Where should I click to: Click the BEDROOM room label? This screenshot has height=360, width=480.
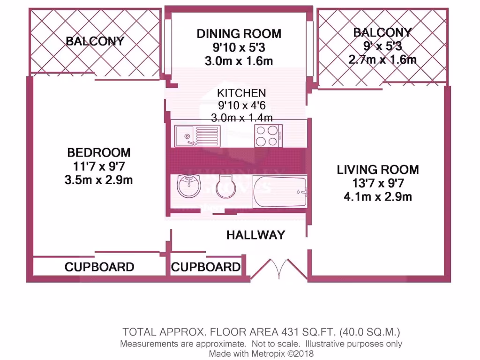click(99, 152)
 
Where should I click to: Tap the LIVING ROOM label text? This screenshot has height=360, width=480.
click(378, 169)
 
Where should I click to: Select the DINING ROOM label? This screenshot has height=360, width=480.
click(239, 34)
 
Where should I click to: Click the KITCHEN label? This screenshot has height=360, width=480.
click(241, 93)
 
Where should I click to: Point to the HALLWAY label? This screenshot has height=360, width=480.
click(255, 235)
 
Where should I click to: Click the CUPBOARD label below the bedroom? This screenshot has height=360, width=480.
click(99, 267)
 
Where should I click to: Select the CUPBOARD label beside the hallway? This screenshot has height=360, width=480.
click(206, 267)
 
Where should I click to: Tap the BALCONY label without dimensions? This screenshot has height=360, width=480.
click(95, 41)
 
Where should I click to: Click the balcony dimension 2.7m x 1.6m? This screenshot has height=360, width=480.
click(382, 60)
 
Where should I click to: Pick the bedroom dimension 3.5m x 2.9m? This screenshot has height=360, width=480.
click(99, 180)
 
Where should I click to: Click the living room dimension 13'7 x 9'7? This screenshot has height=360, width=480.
click(378, 183)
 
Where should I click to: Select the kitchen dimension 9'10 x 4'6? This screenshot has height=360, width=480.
click(241, 105)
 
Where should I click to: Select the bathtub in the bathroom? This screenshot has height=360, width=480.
click(280, 191)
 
